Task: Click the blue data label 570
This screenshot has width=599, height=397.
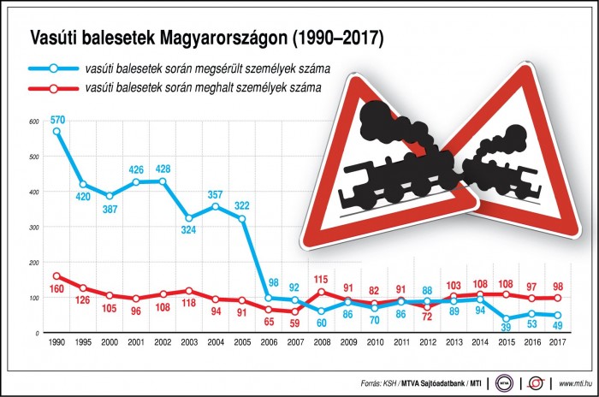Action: pyautogui.click(x=57, y=119)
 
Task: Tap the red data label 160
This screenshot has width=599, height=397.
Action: pyautogui.click(x=57, y=289)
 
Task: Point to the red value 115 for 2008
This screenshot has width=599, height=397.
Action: pyautogui.click(x=322, y=280)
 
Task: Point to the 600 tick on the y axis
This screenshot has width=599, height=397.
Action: pyautogui.click(x=33, y=122)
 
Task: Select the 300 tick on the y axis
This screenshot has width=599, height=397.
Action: pyautogui.click(x=33, y=228)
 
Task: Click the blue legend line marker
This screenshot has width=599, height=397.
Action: pyautogui.click(x=52, y=68)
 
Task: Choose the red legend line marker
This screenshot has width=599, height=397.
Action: pyautogui.click(x=52, y=87)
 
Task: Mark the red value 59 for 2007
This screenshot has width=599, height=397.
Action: pyautogui.click(x=294, y=323)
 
